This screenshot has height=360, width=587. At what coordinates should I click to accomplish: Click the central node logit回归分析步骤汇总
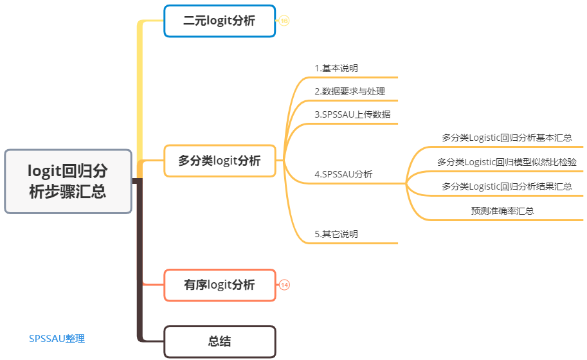68,181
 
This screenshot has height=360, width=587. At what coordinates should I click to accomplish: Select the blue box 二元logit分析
219,21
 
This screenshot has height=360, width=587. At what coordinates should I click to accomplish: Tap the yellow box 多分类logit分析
219,161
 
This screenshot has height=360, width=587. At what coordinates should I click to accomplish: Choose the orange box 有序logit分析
219,285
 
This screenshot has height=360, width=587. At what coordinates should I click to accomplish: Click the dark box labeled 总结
219,342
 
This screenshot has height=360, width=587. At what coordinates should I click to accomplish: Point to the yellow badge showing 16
284,21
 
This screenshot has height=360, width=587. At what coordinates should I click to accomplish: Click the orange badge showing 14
284,285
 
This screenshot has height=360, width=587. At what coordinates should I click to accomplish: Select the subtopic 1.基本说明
336,68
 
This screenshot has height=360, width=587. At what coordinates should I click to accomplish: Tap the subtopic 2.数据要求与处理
350,91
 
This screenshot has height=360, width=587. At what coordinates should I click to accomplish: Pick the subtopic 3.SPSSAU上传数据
352,114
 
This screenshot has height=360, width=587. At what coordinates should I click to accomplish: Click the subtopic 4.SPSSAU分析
343,174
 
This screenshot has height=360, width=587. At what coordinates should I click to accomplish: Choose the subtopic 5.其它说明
336,234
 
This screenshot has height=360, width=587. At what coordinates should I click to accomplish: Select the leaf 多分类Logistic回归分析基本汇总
507,138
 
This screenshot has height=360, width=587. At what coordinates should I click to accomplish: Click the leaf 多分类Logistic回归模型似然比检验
507,162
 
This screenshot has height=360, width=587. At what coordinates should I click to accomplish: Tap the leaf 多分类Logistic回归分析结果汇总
507,186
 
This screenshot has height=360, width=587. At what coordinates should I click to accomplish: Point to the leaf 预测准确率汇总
502,211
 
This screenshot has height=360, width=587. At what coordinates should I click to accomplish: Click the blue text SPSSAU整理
57,339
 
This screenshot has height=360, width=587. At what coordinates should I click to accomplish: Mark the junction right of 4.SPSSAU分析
406,184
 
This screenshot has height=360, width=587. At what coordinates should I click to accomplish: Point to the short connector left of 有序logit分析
153,284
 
